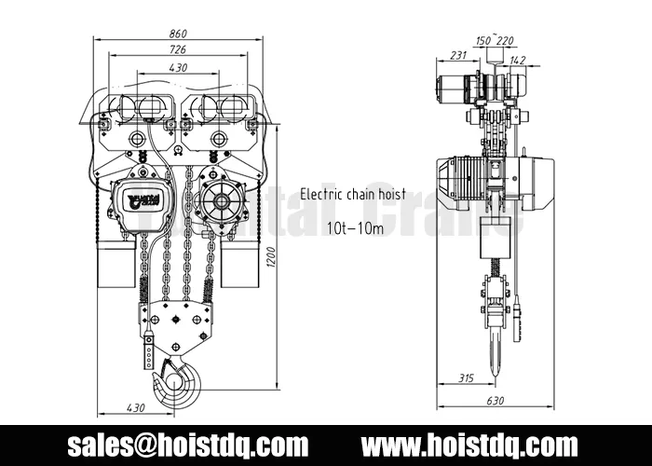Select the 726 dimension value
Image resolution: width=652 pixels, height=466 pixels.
[178, 48]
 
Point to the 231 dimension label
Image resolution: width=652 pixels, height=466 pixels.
[457, 56]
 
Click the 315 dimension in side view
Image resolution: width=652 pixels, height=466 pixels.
[469, 377]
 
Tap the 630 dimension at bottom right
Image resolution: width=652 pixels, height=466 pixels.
[495, 401]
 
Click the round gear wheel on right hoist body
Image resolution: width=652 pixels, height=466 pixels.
[221, 199]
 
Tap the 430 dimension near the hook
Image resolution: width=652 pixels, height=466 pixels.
[135, 407]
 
